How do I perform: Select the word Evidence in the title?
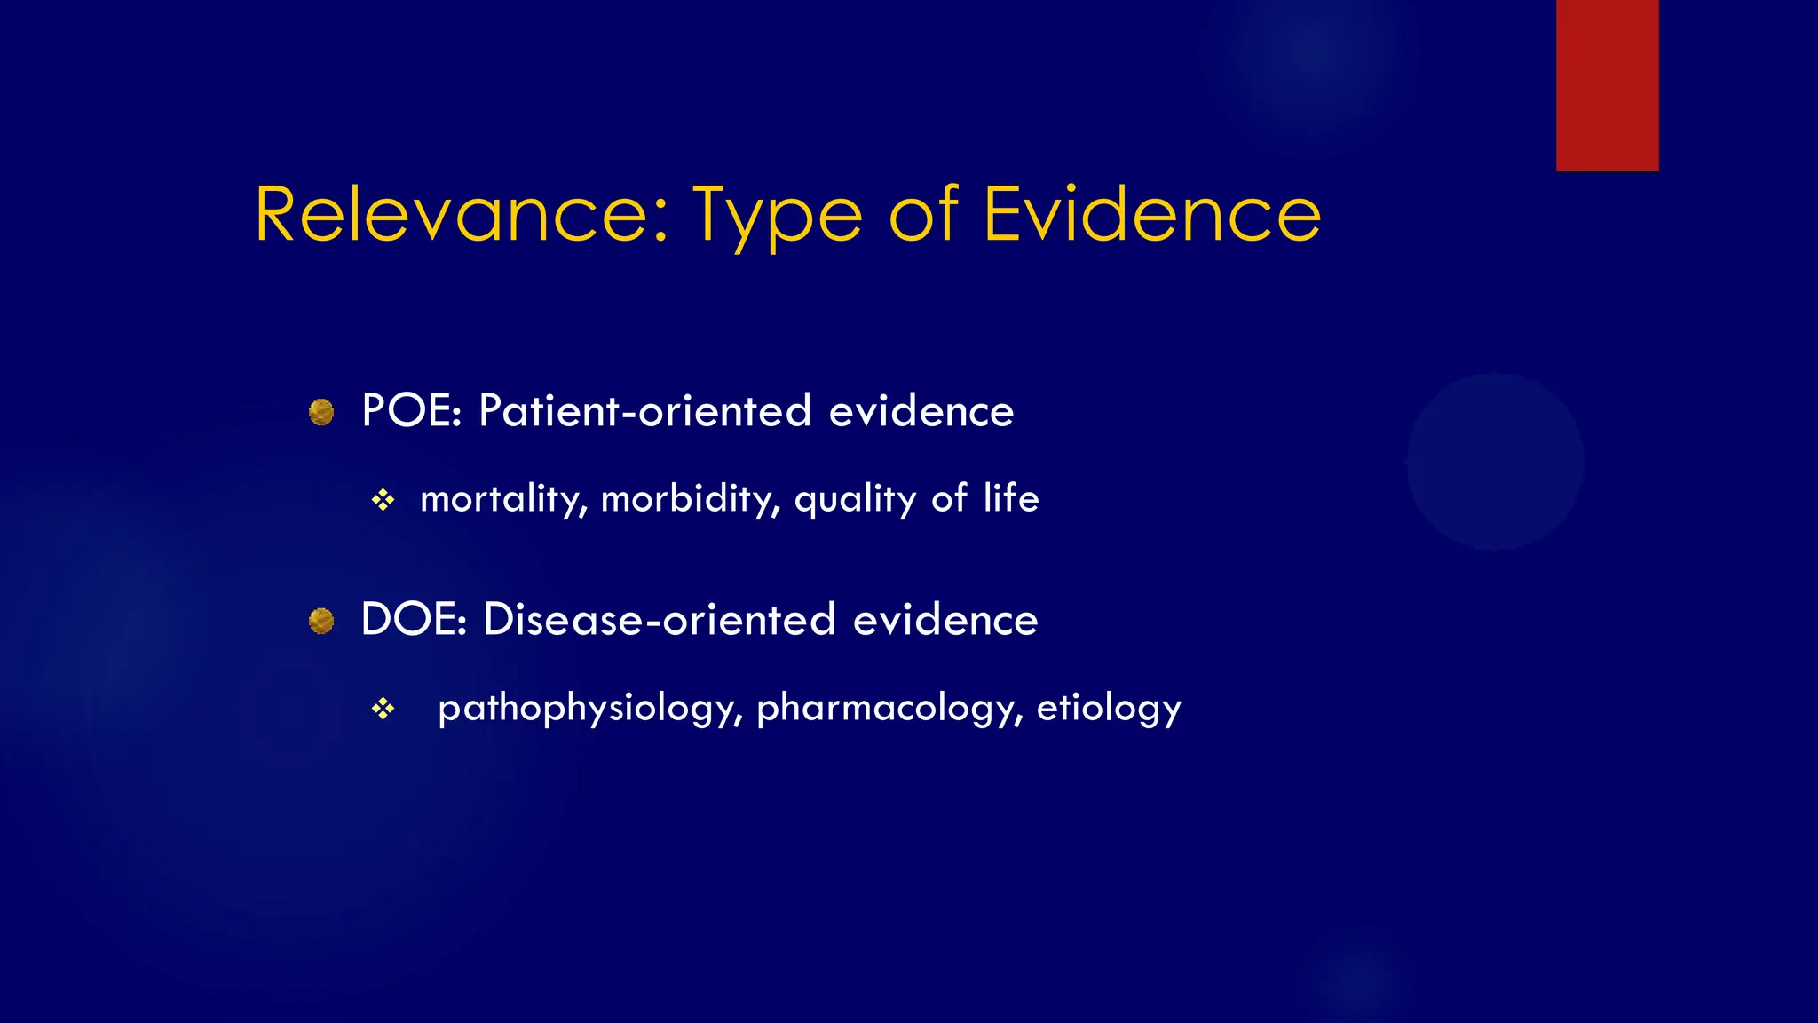point(1151,215)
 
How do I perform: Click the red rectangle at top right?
point(1607,84)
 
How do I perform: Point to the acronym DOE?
point(413,619)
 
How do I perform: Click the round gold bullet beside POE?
point(321,413)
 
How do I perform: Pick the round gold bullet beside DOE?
point(321,621)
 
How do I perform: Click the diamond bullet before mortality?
point(383,501)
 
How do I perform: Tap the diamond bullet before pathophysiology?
point(383,709)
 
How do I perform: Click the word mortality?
point(502,499)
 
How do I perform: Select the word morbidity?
point(690,499)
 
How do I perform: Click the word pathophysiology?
point(589,709)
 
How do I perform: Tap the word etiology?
point(1109,709)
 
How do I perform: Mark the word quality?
point(855,500)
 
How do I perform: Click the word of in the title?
point(923,215)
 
